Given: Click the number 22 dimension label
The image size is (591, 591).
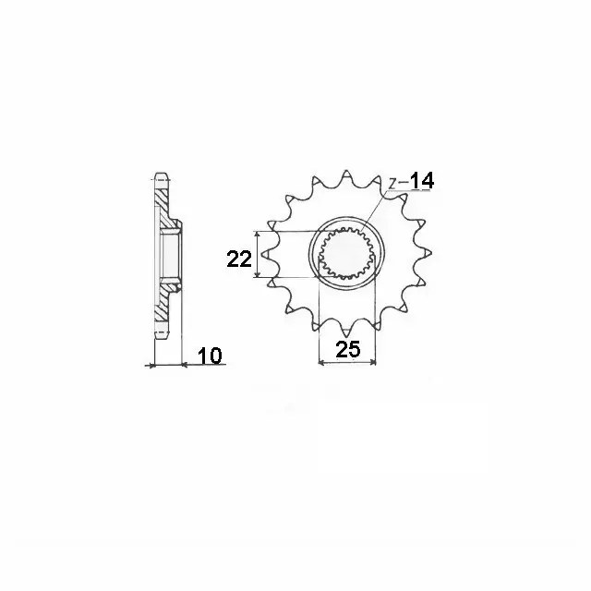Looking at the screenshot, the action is coord(239,259).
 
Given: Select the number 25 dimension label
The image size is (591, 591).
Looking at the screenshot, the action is coord(348,349).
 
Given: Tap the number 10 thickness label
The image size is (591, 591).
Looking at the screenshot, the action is coord(210,356).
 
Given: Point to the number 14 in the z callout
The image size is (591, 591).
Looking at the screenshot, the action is coord(422,181).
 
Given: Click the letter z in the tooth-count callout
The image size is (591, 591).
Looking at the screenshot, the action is coord(392,184).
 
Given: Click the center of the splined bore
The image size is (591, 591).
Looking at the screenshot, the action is coord(347,253).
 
